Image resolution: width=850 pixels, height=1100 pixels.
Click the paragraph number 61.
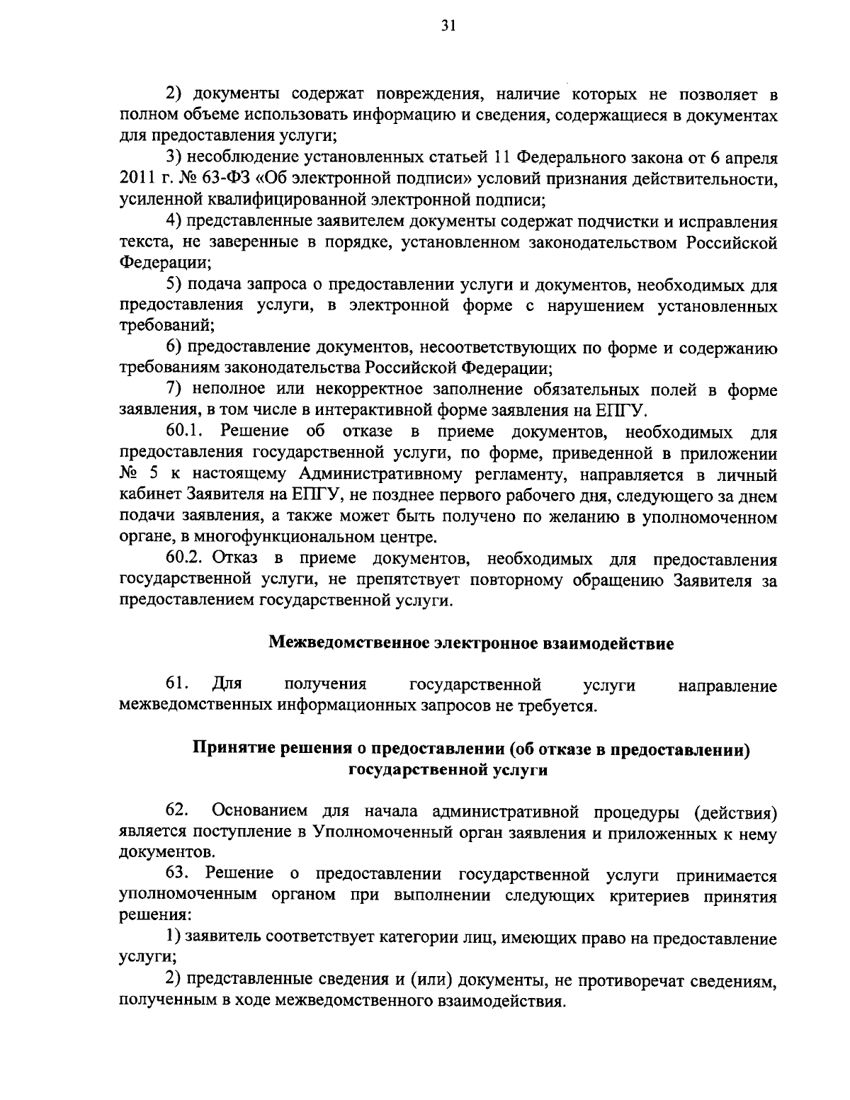point(176,685)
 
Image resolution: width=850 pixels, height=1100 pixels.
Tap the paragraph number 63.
point(176,875)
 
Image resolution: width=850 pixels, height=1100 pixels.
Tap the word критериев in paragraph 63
point(651,896)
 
